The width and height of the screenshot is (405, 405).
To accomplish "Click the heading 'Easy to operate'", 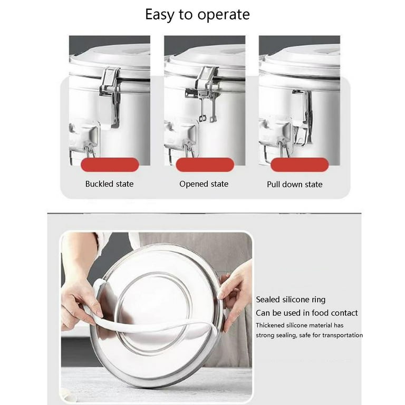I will [197, 14].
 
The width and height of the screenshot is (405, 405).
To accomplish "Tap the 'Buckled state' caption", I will [109, 184].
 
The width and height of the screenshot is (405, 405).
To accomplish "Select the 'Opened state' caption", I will [204, 184].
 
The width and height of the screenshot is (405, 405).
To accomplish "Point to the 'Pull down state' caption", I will [295, 185].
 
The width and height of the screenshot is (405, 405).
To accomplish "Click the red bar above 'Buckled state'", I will [110, 165].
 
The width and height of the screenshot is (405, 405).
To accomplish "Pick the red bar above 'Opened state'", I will [205, 165].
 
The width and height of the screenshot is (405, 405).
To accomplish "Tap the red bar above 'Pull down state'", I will [299, 165].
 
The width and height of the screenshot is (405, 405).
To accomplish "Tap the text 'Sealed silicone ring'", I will [291, 300].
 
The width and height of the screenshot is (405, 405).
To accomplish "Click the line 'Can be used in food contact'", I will [307, 313].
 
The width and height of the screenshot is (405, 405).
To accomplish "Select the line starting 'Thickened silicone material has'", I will [300, 325].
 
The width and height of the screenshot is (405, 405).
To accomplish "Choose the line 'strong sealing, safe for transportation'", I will [309, 335].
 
